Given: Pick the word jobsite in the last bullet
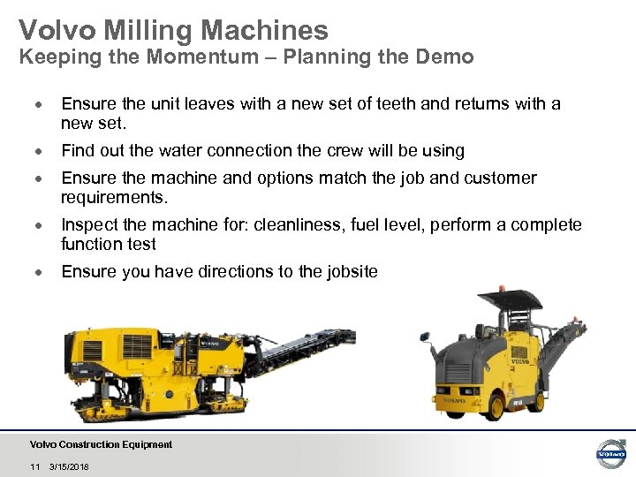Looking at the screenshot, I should coord(352,271).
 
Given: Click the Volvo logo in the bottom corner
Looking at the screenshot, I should coord(610,453).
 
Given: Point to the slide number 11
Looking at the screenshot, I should coord(35,466).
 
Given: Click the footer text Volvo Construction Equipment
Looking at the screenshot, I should coord(101,444).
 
